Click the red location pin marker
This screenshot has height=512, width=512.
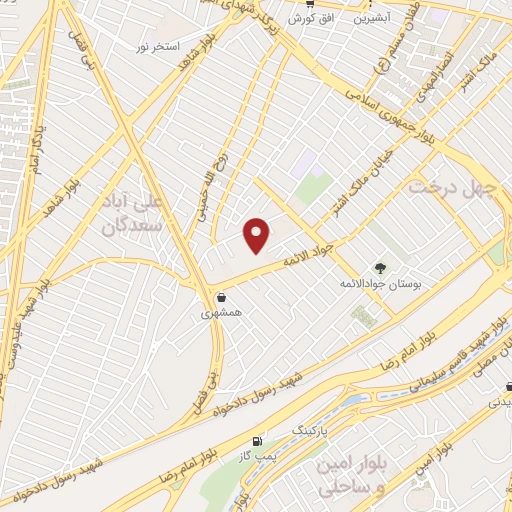pyautogui.click(x=258, y=235)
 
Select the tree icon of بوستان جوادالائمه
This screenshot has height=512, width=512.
pyautogui.click(x=379, y=267)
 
